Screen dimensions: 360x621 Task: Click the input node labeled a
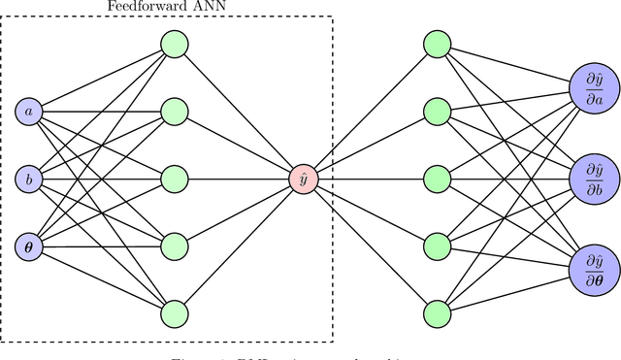pos(28,113)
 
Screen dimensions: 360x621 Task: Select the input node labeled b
pos(28,179)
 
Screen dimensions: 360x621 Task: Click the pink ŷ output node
pos(304,179)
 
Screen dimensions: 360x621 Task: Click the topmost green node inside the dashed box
pos(174,44)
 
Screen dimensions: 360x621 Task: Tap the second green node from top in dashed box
pos(174,111)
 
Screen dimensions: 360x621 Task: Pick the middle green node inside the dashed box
pos(174,179)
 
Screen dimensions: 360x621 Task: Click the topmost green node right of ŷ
pos(437,44)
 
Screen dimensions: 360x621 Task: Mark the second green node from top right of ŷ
pos(437,111)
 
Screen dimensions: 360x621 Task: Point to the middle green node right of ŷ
pos(437,179)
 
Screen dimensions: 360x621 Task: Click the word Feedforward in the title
pos(144,6)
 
